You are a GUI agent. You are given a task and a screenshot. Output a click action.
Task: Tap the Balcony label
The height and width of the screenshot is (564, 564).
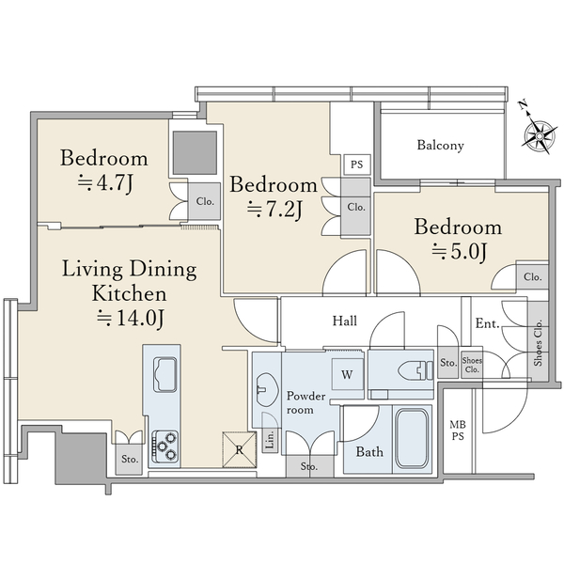(x=440, y=146)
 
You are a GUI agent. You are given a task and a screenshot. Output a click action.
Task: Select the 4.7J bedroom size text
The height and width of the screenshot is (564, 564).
(x=105, y=183)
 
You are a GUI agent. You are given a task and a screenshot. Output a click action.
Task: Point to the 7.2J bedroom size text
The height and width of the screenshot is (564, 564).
(x=274, y=210)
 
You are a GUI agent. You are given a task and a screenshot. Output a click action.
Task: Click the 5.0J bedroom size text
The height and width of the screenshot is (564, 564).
(x=459, y=252)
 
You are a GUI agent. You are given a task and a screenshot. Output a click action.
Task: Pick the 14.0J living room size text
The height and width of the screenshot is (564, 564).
(x=131, y=319)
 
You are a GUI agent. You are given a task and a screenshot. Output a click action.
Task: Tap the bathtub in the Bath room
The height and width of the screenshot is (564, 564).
(x=411, y=438)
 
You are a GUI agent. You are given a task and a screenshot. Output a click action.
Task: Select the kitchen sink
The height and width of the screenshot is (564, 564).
(x=164, y=374)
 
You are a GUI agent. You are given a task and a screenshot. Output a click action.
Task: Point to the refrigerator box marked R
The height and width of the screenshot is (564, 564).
(x=239, y=449)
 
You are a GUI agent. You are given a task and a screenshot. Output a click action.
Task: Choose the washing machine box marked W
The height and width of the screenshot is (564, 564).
(x=347, y=374)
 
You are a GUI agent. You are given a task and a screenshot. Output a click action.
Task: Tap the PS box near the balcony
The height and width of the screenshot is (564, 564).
(x=356, y=165)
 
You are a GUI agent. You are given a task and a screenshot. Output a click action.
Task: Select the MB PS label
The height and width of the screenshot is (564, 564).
(x=458, y=431)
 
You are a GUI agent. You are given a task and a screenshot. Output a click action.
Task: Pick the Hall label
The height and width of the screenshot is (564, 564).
(x=345, y=321)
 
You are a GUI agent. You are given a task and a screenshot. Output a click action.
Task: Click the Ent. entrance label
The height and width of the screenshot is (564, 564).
(x=487, y=323)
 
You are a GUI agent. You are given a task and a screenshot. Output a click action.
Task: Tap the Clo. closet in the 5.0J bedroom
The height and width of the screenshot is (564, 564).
(x=532, y=276)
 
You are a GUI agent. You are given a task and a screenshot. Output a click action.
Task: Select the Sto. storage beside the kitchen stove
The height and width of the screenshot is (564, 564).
(x=129, y=459)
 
